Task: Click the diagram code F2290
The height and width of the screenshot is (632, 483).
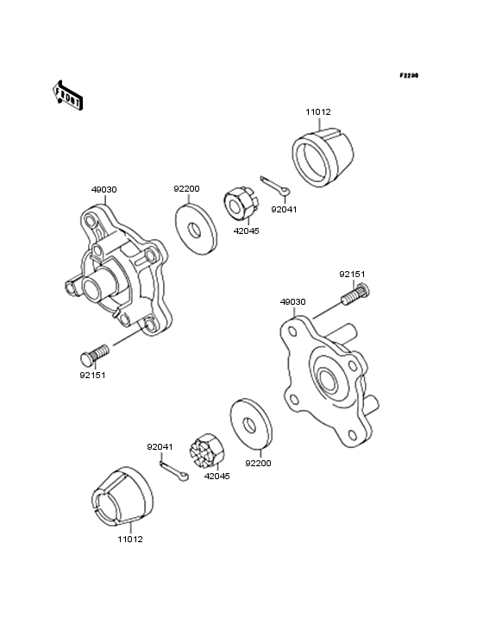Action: coord(408,76)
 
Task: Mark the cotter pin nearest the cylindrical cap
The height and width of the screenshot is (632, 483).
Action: coord(279,186)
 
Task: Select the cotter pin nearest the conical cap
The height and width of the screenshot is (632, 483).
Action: coord(172,472)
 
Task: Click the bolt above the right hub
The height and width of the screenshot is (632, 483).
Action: coord(354,299)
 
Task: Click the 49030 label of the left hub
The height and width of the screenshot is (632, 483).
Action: coord(103,188)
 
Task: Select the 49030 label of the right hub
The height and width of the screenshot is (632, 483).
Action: coord(292,302)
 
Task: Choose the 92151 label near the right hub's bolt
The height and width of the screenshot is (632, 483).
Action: coord(351,274)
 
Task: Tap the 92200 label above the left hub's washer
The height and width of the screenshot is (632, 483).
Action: coord(186,188)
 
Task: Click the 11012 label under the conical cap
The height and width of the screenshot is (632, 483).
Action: coord(130,539)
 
